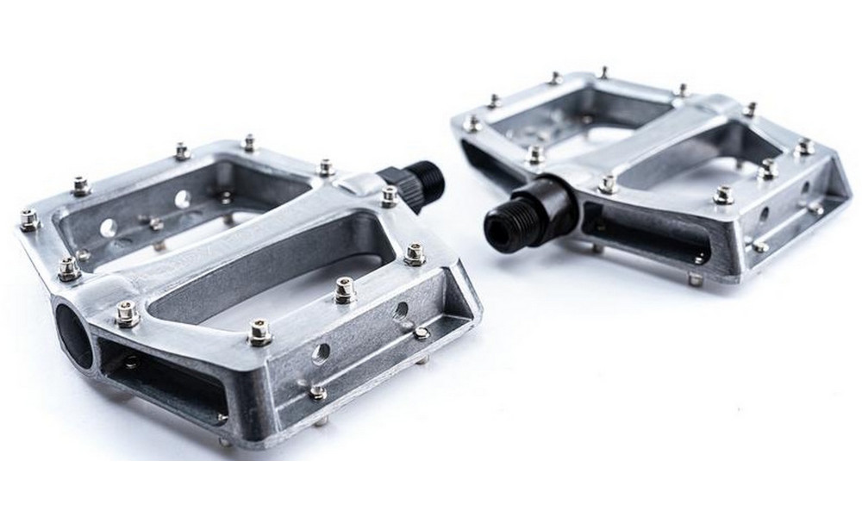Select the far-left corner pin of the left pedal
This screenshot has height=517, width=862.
click(x=28, y=221)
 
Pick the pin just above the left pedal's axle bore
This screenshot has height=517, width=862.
click(x=126, y=313)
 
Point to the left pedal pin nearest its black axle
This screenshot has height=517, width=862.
click(x=390, y=196)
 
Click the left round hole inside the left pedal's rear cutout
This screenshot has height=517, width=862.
click(x=109, y=227)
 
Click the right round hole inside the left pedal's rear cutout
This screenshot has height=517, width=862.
click(x=184, y=200)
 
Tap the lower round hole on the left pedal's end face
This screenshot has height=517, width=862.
click(x=321, y=352)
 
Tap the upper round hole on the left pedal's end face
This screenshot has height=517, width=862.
click(x=401, y=310)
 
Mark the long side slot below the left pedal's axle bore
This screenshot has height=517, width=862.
click(x=164, y=379)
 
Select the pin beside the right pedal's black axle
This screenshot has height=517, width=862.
click(x=608, y=184)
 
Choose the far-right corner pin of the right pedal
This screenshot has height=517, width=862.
click(x=804, y=147)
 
